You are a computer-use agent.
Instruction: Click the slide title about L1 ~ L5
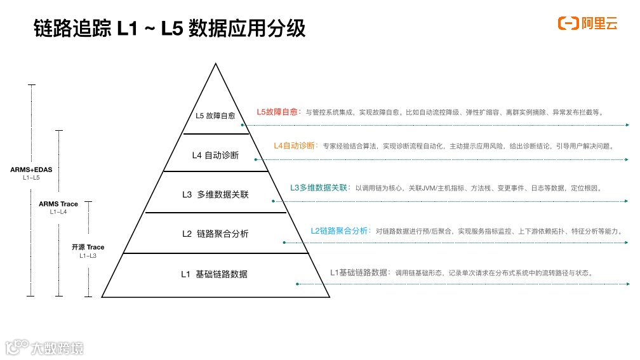coord(170,29)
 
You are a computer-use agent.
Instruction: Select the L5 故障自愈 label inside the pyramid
coord(215,116)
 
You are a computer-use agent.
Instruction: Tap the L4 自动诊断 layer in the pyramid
coord(215,154)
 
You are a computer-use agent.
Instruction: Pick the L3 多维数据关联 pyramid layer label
coord(215,194)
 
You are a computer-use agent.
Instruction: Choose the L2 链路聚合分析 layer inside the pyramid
coord(215,234)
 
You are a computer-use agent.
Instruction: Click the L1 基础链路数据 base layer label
coord(214,274)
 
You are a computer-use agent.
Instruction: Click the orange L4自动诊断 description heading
coord(294,145)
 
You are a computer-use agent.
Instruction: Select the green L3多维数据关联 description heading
coord(319,188)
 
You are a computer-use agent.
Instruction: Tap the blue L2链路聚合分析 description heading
coord(340,231)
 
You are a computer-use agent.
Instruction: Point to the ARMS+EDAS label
coord(30,170)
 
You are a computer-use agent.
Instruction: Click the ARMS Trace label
coord(58,204)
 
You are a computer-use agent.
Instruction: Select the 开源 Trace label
coord(88,247)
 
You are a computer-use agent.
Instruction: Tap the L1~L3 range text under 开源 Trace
coord(88,255)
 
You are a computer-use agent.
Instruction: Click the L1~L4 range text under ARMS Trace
coord(58,212)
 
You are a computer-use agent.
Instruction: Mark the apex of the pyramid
coord(216,64)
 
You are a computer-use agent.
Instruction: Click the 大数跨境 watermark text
coord(60,349)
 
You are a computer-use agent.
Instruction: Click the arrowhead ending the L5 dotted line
coord(628,125)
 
